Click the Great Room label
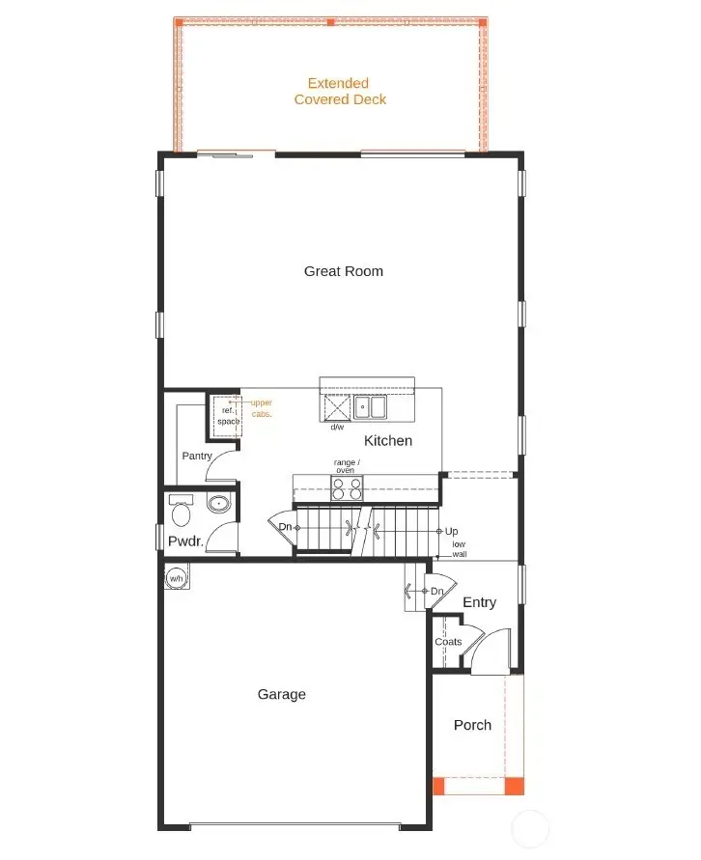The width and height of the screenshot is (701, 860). [344, 271]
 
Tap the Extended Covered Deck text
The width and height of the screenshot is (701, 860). [340, 92]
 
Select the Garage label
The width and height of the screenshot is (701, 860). [282, 694]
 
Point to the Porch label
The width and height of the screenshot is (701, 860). [472, 725]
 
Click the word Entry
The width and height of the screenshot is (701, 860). [479, 602]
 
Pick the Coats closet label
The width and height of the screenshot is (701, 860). [448, 642]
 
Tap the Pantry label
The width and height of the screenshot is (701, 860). [197, 456]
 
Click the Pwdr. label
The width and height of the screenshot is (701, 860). [185, 541]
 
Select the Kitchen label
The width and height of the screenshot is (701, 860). [388, 440]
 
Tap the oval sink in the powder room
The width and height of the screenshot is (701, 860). [219, 503]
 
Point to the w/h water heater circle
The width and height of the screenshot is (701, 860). [177, 578]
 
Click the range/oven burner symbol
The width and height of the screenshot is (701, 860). [348, 488]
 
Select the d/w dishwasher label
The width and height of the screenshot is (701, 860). [337, 427]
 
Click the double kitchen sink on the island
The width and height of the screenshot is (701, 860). [370, 408]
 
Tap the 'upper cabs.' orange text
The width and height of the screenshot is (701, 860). [261, 407]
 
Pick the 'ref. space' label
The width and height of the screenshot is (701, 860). [228, 416]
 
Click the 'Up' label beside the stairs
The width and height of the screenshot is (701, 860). [451, 532]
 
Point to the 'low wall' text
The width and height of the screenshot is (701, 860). [460, 549]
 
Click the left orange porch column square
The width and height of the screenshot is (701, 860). [438, 786]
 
